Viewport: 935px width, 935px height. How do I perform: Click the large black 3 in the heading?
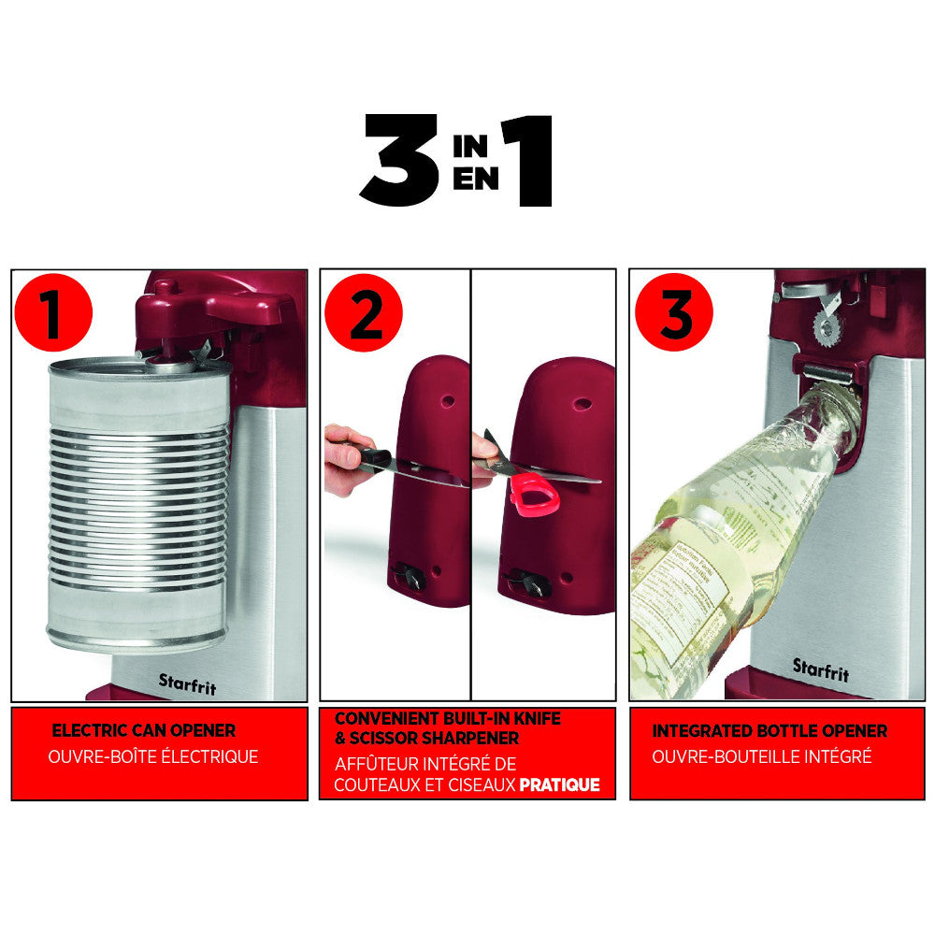pyautogui.click(x=399, y=160)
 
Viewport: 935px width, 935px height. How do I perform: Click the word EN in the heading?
pyautogui.click(x=475, y=179)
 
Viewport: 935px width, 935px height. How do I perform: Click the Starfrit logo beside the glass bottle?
pyautogui.click(x=820, y=669)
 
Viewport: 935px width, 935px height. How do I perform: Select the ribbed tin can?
pyautogui.click(x=138, y=505)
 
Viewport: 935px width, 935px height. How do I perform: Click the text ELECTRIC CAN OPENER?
pyautogui.click(x=143, y=730)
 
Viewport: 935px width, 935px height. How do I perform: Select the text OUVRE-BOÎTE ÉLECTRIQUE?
pyautogui.click(x=152, y=756)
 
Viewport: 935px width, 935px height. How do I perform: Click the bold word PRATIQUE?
pyautogui.click(x=559, y=785)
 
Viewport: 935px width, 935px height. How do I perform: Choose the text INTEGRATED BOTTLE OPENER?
pyautogui.click(x=770, y=730)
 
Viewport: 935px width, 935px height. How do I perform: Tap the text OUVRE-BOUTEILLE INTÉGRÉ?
pyautogui.click(x=761, y=756)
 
